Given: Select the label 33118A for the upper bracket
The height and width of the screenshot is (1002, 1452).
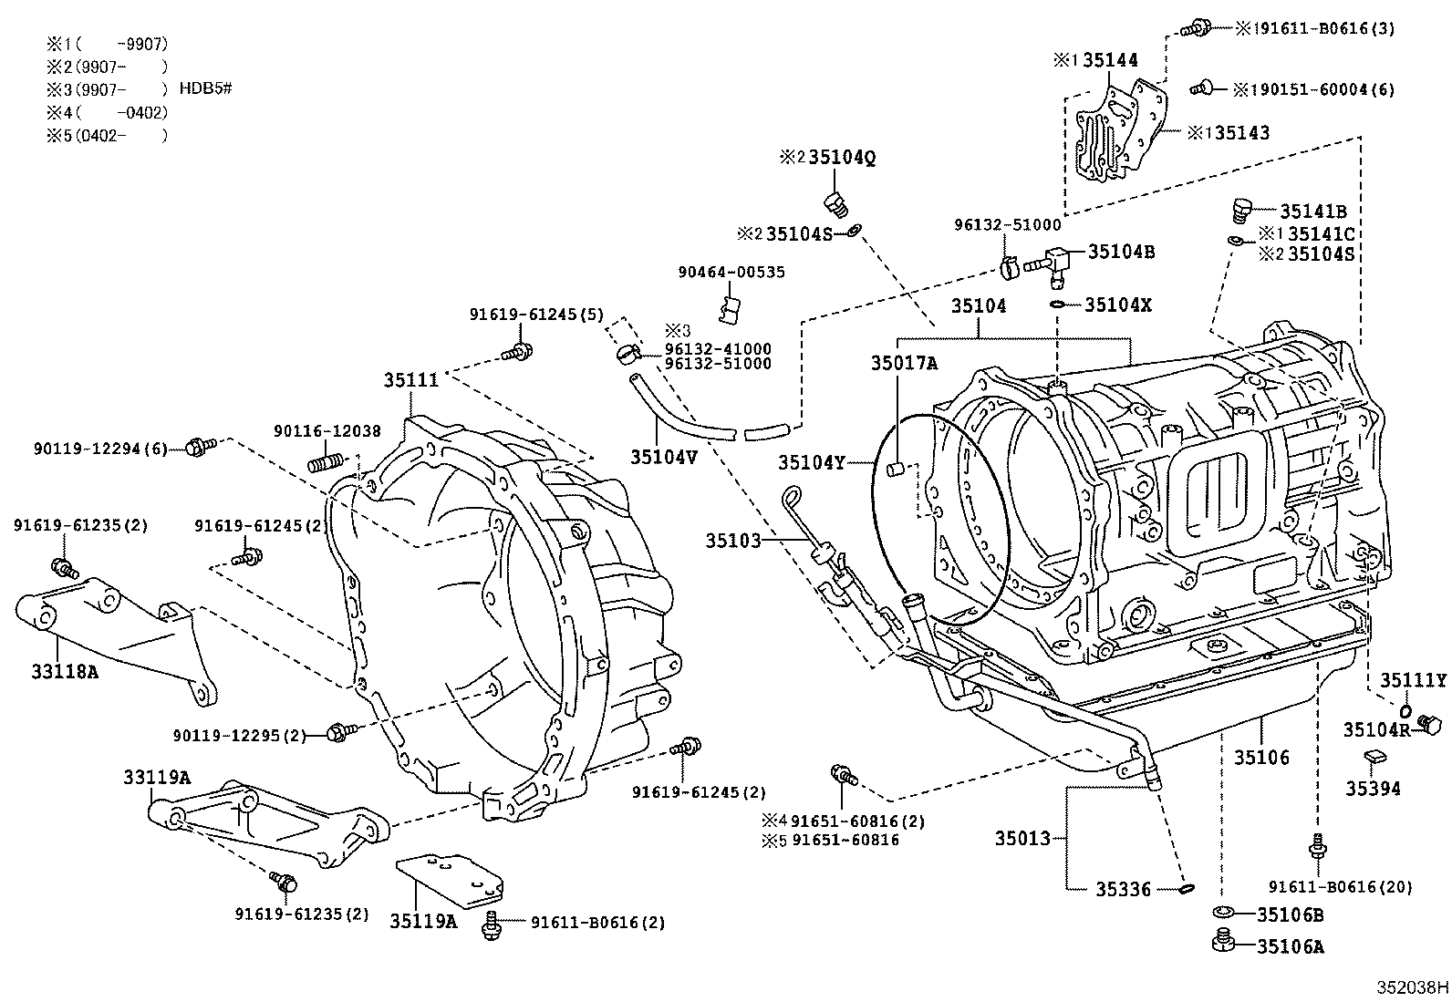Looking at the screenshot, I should tap(64, 672).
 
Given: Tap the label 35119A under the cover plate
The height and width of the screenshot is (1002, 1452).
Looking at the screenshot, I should tap(423, 921).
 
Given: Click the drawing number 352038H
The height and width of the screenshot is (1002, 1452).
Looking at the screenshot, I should tap(1413, 987).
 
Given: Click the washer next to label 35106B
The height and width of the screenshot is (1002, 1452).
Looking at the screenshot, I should tap(1222, 913).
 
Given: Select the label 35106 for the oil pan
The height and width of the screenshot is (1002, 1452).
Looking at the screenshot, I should tap(1261, 757).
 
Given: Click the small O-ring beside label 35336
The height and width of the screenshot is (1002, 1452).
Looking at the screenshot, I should tap(1187, 887).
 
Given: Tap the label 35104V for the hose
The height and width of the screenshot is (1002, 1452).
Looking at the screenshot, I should tap(662, 458).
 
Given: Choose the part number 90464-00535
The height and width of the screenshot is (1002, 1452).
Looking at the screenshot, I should tap(731, 273).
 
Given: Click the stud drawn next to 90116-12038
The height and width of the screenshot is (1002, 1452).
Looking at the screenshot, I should tap(326, 463).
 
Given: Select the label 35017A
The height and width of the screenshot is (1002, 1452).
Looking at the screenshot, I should tap(903, 363).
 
